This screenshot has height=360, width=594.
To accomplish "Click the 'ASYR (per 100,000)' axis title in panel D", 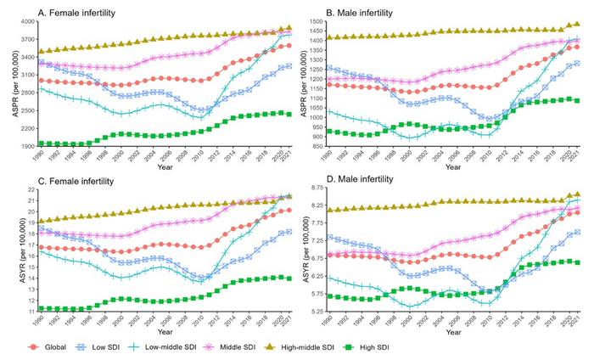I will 303,250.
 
